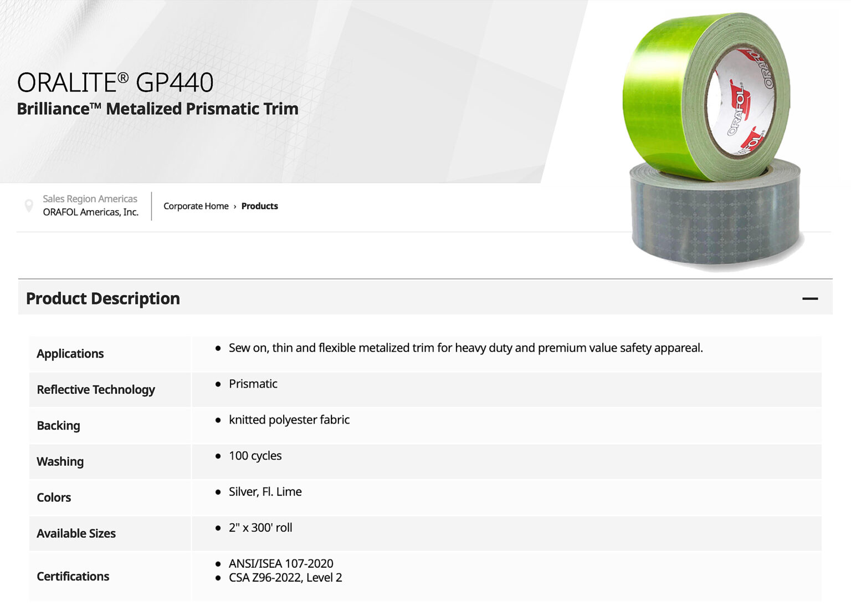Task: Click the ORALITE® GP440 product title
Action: [115, 83]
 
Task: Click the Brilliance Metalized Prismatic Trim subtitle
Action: [157, 109]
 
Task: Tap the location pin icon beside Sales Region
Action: [29, 206]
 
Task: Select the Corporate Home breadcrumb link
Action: [196, 206]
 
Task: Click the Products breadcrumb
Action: [259, 206]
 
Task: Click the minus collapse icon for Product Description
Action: [809, 299]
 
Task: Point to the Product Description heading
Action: [103, 299]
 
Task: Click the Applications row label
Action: [70, 354]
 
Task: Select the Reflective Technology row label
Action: [96, 390]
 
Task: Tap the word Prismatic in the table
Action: [253, 384]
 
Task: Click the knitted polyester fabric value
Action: [289, 420]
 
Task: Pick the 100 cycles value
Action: [255, 456]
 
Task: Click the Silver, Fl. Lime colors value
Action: [265, 492]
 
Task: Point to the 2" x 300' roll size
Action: [260, 528]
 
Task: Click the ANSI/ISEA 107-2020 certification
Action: [281, 563]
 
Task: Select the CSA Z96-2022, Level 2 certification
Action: [285, 578]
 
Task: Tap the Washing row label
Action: [60, 462]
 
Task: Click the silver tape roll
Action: [715, 222]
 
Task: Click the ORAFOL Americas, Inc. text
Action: [91, 212]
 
